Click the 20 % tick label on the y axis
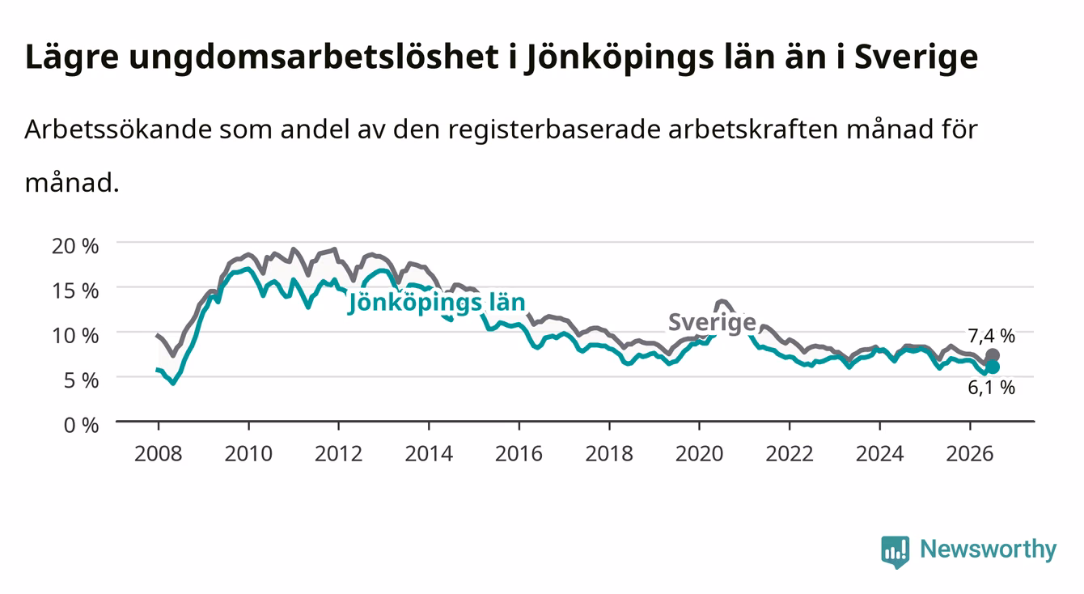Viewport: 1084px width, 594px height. (x=75, y=246)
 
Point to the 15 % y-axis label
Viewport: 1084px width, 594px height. (x=75, y=291)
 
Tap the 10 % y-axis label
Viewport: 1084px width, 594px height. (x=75, y=336)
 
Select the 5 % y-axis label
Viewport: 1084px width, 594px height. (x=81, y=380)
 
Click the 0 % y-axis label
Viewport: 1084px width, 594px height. (x=81, y=425)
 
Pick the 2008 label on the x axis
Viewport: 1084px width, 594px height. (x=159, y=454)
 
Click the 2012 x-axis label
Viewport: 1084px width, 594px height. (x=339, y=454)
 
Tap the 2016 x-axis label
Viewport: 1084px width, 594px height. (x=519, y=454)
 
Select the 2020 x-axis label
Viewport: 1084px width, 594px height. (x=699, y=454)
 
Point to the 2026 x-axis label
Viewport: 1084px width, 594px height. (x=970, y=454)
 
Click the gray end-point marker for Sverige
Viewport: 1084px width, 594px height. (x=992, y=355)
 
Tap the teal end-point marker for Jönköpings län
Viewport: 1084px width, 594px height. (x=992, y=367)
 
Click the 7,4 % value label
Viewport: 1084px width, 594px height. (x=991, y=336)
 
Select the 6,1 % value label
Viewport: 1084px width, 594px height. (x=991, y=388)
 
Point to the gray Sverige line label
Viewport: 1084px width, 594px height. (x=712, y=322)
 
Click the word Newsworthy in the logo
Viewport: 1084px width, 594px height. (x=989, y=549)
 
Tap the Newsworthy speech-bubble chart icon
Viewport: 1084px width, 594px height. (x=895, y=552)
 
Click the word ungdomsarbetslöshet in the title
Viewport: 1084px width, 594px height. (x=314, y=58)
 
